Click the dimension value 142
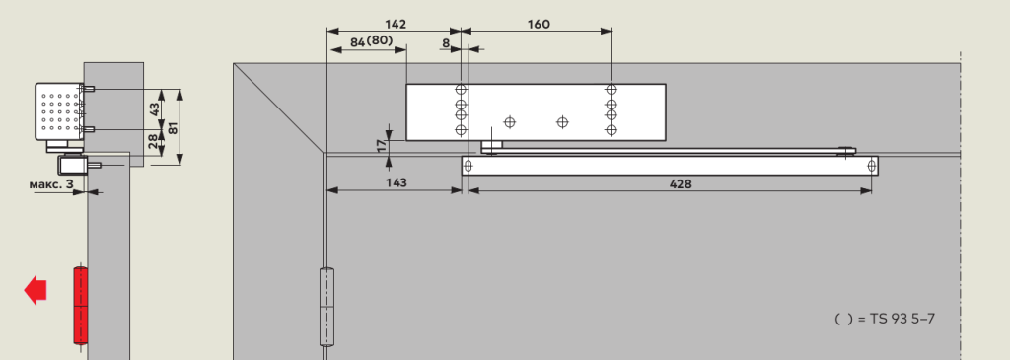click(396, 25)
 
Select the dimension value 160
click(539, 25)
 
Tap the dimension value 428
click(681, 184)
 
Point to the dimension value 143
click(397, 182)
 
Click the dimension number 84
click(357, 42)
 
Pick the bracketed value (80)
click(380, 41)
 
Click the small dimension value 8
click(447, 43)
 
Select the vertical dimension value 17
click(382, 146)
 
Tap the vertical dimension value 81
click(173, 127)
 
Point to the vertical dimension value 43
click(155, 108)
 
